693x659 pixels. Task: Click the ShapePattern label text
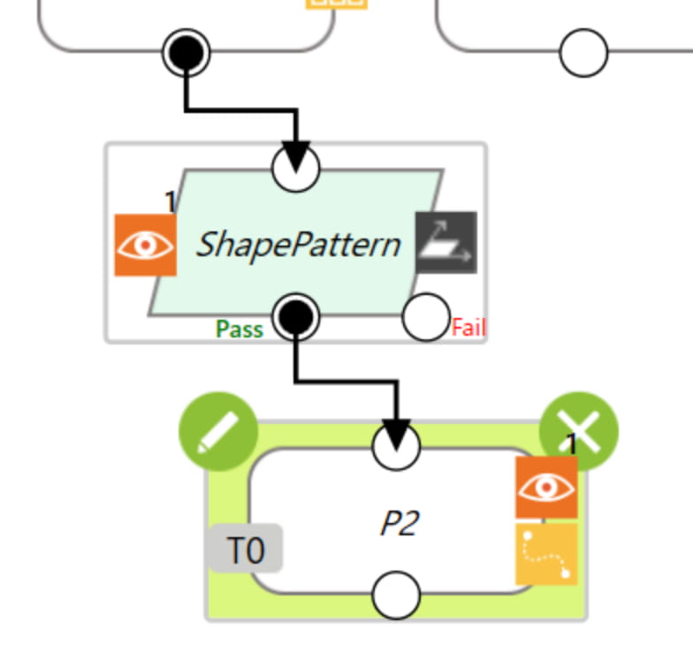[x=299, y=246]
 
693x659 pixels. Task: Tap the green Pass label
[x=239, y=329]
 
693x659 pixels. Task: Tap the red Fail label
[x=468, y=328]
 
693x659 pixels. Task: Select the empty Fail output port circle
[x=426, y=317]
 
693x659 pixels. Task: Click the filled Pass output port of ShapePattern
[x=295, y=317]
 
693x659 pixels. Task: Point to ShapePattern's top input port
[x=295, y=168]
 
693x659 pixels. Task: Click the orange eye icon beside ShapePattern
[x=145, y=246]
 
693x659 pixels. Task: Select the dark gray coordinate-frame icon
[x=446, y=242]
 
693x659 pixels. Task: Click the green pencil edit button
[x=218, y=431]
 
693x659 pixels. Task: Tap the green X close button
[x=579, y=431]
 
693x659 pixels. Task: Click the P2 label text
[x=400, y=523]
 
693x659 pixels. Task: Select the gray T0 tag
[x=246, y=548]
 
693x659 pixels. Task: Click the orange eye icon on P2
[x=546, y=488]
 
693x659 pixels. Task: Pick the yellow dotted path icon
[x=546, y=555]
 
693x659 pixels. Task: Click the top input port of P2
[x=396, y=446]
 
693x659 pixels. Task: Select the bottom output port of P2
[x=396, y=595]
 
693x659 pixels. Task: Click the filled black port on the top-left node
[x=186, y=53]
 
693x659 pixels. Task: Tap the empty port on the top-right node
[x=583, y=53]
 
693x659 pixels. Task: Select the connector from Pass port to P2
[x=346, y=382]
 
